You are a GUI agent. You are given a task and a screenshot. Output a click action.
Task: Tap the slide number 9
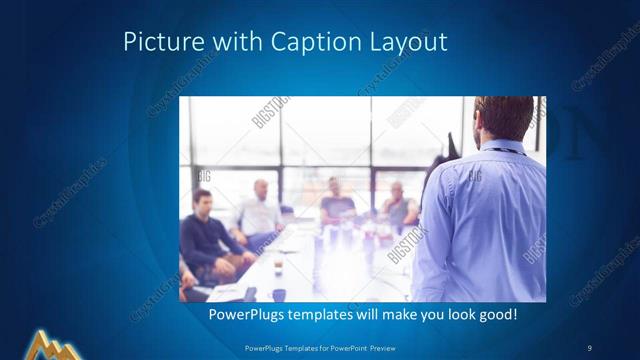click(589, 347)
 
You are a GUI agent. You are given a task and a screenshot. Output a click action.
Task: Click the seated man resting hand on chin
click(398, 205)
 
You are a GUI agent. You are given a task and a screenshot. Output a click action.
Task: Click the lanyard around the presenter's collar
click(508, 149)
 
